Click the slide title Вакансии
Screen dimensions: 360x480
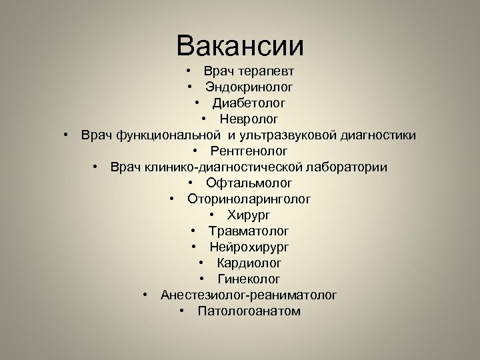tap(240, 46)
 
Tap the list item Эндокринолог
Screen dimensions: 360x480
tap(249, 87)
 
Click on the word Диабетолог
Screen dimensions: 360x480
tap(249, 103)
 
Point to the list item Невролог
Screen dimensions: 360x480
tap(249, 119)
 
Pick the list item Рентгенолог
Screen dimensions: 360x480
tap(249, 151)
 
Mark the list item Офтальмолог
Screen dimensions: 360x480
tap(249, 183)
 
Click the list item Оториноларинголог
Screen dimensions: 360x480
tap(249, 199)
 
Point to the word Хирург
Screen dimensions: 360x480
tap(249, 215)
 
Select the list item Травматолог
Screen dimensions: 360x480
tap(249, 231)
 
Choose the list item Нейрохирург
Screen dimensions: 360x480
tap(249, 247)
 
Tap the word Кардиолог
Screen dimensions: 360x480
tap(249, 263)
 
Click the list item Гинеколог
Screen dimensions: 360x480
tap(249, 279)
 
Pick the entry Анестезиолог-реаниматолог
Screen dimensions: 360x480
tap(249, 295)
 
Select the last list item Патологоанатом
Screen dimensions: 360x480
tap(249, 311)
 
